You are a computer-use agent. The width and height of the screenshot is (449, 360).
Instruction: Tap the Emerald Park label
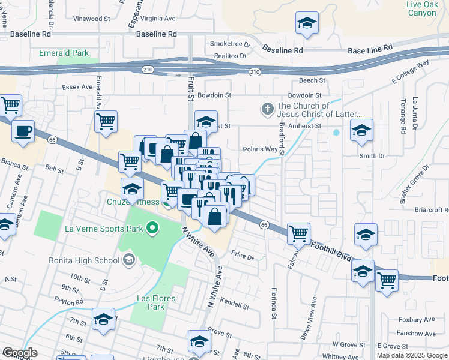point(64,53)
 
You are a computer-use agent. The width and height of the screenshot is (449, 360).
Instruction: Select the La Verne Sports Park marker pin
point(153,228)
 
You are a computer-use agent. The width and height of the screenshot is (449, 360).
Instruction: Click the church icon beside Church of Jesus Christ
point(267,109)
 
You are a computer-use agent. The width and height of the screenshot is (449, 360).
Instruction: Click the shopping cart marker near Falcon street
point(298,233)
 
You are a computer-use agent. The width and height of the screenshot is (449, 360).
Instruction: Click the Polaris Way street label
point(260,149)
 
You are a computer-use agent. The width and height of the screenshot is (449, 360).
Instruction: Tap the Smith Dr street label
point(372,156)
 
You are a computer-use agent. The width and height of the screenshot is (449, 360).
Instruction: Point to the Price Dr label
point(243,256)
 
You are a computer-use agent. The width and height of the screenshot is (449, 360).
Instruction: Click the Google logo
point(20,353)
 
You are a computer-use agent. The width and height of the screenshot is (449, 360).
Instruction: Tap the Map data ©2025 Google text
point(412,355)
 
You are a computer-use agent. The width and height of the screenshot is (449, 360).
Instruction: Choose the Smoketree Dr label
point(229,44)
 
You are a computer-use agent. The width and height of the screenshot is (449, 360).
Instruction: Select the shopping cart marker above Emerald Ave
point(106,121)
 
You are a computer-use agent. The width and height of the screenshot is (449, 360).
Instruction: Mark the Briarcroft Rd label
point(432,210)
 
